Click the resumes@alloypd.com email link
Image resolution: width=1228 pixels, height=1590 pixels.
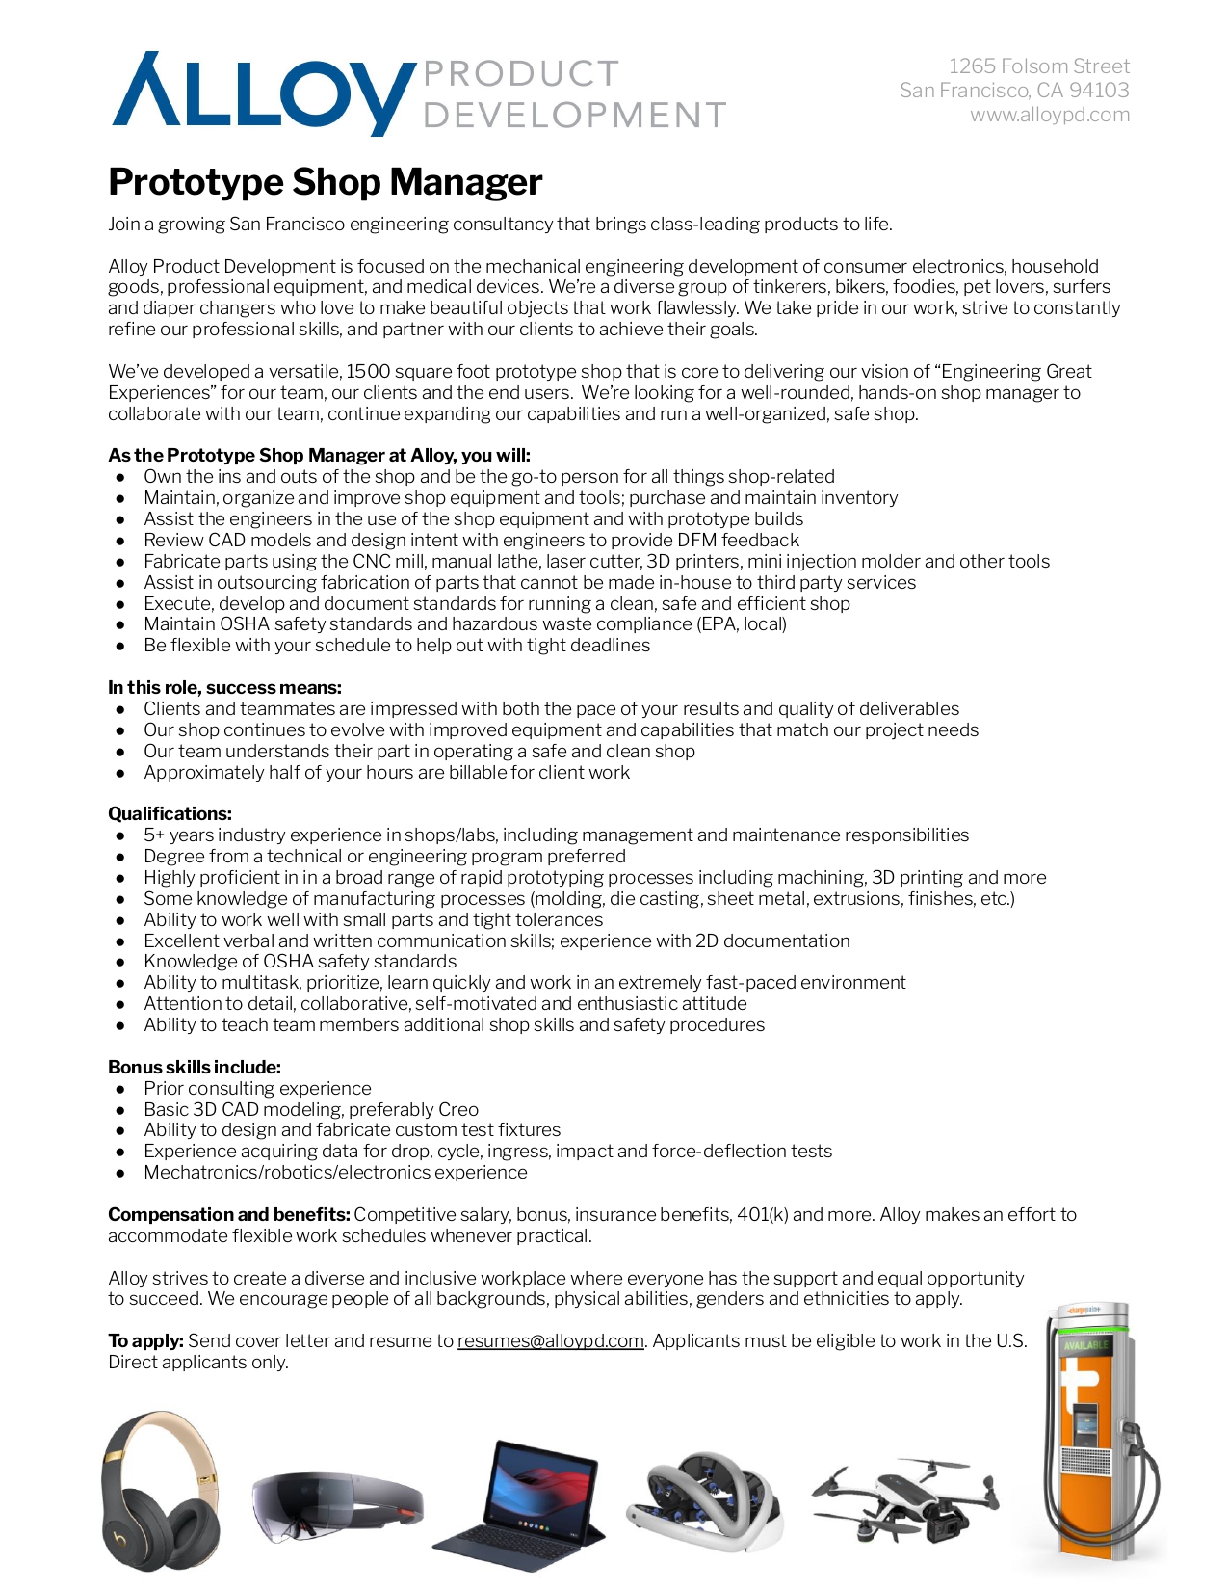(x=550, y=1340)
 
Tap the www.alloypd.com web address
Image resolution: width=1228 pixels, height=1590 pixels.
(x=1049, y=115)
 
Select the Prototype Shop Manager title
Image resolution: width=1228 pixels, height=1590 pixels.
(x=325, y=182)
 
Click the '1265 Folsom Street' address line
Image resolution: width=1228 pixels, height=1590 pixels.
(x=1038, y=66)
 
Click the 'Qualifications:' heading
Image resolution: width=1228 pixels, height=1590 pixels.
(x=170, y=813)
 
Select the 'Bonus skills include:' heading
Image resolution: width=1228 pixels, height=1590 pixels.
(x=195, y=1067)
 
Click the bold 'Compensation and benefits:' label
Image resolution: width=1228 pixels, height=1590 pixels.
(x=228, y=1214)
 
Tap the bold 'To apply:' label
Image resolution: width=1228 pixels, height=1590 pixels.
(x=145, y=1340)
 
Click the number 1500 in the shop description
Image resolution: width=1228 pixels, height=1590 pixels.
(x=368, y=371)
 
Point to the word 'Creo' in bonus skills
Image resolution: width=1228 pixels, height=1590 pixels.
(x=457, y=1109)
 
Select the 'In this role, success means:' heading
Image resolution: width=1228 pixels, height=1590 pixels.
(x=224, y=687)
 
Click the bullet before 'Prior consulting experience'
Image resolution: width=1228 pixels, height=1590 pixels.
(x=120, y=1089)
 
